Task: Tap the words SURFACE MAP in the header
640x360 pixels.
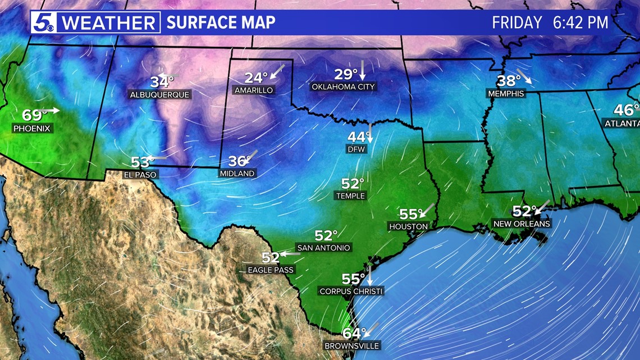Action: [221, 22]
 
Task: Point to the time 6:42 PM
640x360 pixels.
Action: [582, 22]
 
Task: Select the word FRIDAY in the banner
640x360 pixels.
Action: [517, 22]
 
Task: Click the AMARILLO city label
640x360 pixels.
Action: [254, 90]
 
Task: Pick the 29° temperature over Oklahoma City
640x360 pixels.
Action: [346, 74]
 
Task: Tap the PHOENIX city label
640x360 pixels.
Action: [32, 129]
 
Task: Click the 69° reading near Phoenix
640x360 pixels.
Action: [34, 115]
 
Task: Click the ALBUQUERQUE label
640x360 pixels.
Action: [160, 94]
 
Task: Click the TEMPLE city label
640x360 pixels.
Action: [350, 196]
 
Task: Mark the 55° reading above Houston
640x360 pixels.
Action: [409, 214]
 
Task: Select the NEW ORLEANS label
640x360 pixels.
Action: [522, 224]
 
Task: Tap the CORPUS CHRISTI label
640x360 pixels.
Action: [351, 291]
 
